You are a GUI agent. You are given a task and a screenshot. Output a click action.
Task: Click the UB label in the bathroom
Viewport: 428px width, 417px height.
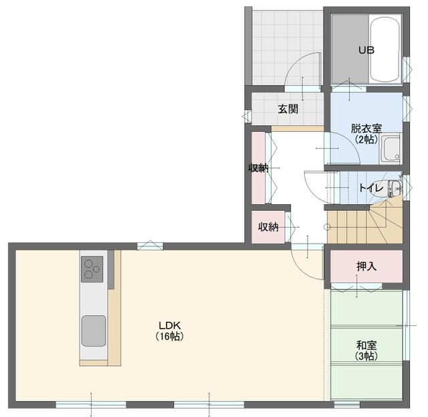[366, 50]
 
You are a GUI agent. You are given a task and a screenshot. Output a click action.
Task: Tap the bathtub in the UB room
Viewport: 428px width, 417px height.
[385, 50]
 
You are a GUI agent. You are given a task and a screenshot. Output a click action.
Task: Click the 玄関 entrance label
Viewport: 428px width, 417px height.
[288, 109]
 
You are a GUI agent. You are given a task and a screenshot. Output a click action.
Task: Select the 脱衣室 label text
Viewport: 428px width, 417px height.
[366, 129]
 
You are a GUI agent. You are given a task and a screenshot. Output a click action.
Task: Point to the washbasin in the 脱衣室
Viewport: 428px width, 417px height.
[391, 149]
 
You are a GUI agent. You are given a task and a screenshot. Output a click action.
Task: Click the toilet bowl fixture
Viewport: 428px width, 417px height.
[387, 188]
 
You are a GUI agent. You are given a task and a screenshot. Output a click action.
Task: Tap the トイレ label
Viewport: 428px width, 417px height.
[371, 188]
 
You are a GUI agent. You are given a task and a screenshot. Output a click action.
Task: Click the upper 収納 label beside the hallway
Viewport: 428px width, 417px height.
[258, 168]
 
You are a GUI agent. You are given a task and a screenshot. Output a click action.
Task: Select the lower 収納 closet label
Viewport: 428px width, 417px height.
[268, 227]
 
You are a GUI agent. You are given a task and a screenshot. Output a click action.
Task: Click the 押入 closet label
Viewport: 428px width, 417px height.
[366, 266]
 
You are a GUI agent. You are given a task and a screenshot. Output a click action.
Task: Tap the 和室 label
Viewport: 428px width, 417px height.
[366, 345]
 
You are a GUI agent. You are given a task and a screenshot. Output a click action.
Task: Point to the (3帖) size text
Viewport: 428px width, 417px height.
[366, 356]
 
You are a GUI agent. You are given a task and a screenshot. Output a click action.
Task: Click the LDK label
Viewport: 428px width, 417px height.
[169, 325]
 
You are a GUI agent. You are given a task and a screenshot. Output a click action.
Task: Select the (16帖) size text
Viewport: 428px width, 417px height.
[169, 336]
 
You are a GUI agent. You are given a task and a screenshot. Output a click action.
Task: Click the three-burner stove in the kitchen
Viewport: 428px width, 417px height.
[92, 269]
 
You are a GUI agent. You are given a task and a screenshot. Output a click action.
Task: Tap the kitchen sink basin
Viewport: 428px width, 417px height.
[94, 331]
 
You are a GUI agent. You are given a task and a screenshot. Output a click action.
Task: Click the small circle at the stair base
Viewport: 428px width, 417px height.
[327, 227]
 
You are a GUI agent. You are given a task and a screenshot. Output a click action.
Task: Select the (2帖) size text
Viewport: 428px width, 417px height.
[366, 139]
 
